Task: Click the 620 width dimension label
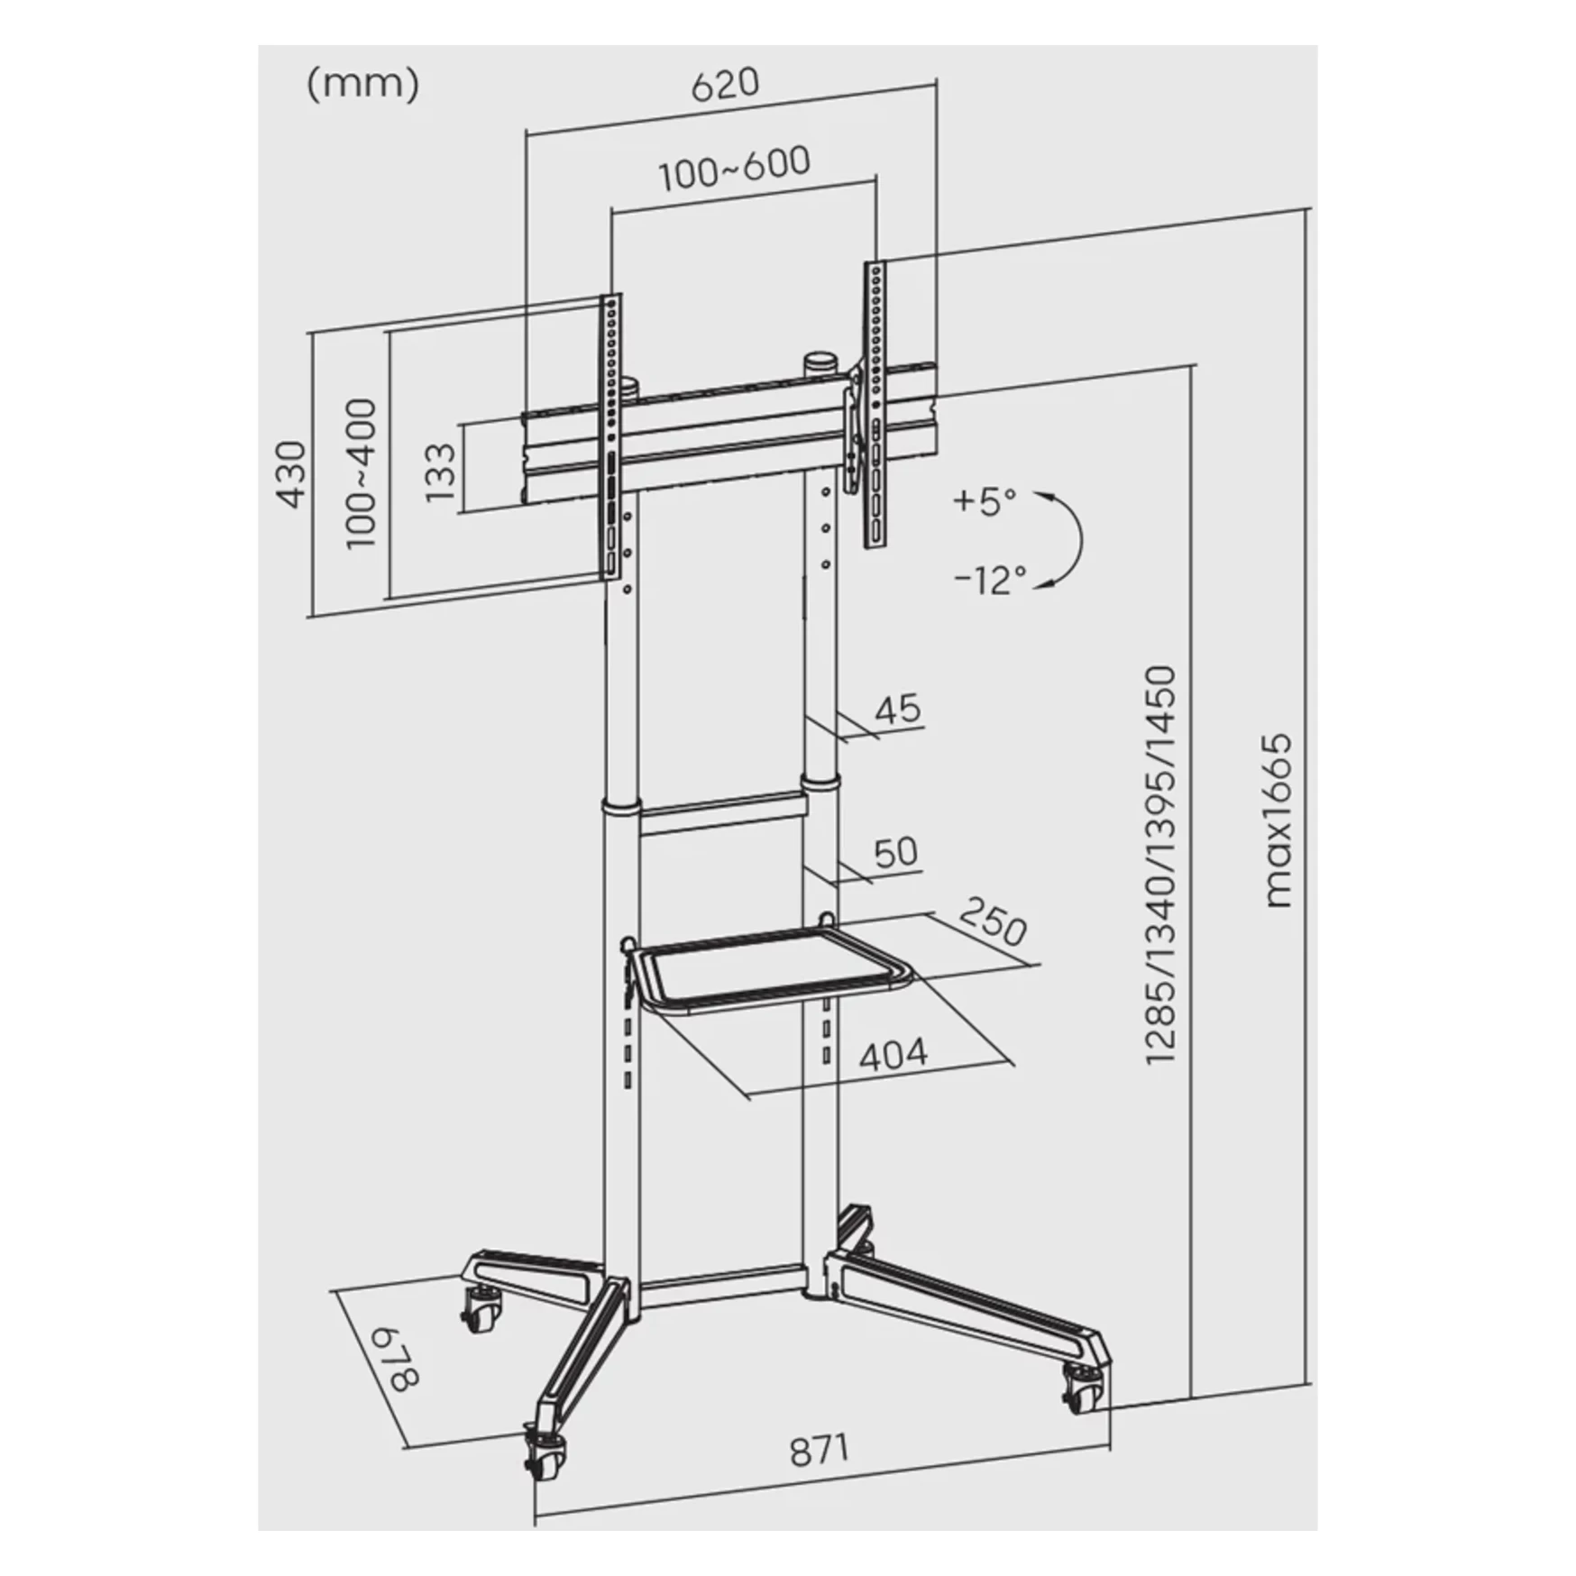tap(726, 85)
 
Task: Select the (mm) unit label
tap(363, 85)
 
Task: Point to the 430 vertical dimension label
tap(291, 474)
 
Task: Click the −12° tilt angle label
tap(990, 579)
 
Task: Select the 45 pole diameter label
tap(899, 708)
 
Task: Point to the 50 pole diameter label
tap(896, 852)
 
